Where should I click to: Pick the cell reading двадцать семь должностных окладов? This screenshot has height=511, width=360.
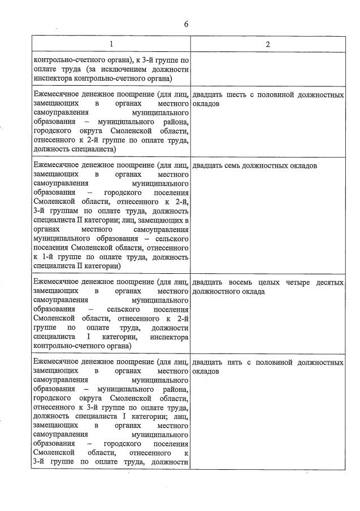[255, 165]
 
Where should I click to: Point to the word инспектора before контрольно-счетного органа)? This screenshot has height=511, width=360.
[169, 336]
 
